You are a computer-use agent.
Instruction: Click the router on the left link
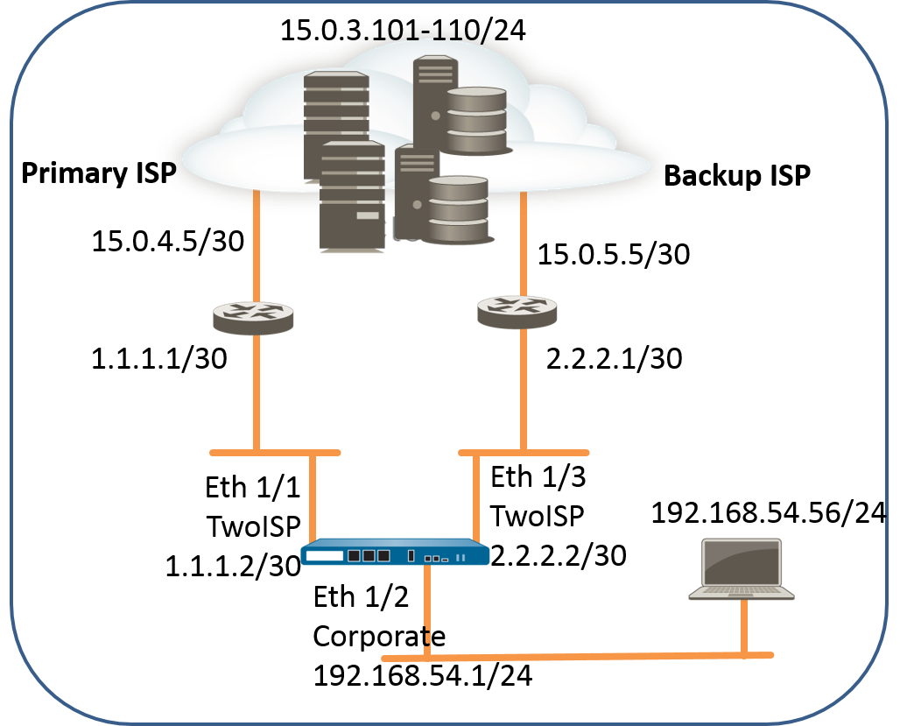(253, 318)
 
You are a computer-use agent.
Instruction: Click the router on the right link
(517, 312)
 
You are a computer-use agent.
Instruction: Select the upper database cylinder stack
(476, 120)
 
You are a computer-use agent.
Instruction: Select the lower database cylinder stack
(458, 209)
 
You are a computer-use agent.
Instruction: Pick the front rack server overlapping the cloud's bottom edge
(352, 197)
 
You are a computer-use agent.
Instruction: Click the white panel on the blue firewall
(324, 555)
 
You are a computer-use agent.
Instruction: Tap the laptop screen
(742, 561)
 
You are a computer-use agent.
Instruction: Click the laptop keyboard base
(742, 592)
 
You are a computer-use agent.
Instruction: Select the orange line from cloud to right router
(523, 245)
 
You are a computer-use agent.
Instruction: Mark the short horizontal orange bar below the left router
(275, 453)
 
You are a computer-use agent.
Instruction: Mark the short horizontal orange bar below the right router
(524, 453)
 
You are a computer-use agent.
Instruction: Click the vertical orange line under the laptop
(743, 626)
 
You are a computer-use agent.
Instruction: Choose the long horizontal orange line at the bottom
(578, 657)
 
